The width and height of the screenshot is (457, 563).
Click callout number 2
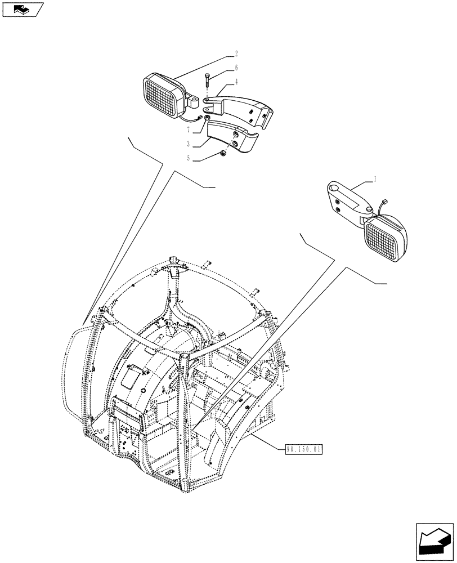pyautogui.click(x=236, y=54)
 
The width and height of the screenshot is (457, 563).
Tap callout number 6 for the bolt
pyautogui.click(x=236, y=68)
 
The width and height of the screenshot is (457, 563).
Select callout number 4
pyautogui.click(x=236, y=82)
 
